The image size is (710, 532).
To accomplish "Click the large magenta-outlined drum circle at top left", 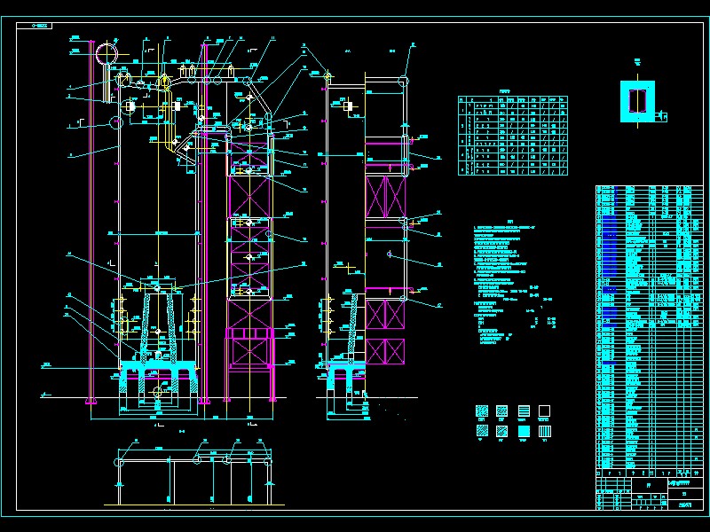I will click(106, 52).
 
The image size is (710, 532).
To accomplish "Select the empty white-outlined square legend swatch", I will click(545, 411).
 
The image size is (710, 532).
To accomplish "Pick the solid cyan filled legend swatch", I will click(525, 430).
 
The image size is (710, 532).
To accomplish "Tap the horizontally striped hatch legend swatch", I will click(525, 411).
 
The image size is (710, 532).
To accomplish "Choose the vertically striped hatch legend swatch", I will click(545, 430).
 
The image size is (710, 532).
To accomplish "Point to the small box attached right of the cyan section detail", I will click(662, 113).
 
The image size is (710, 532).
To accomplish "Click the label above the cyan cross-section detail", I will click(638, 61).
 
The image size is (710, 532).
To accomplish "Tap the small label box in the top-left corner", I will click(40, 27).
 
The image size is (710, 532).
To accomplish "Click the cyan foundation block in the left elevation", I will click(160, 372).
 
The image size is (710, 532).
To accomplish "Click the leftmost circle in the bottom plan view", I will click(122, 460).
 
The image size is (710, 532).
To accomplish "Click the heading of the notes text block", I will click(510, 222).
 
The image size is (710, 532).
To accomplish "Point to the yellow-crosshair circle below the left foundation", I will click(159, 391).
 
